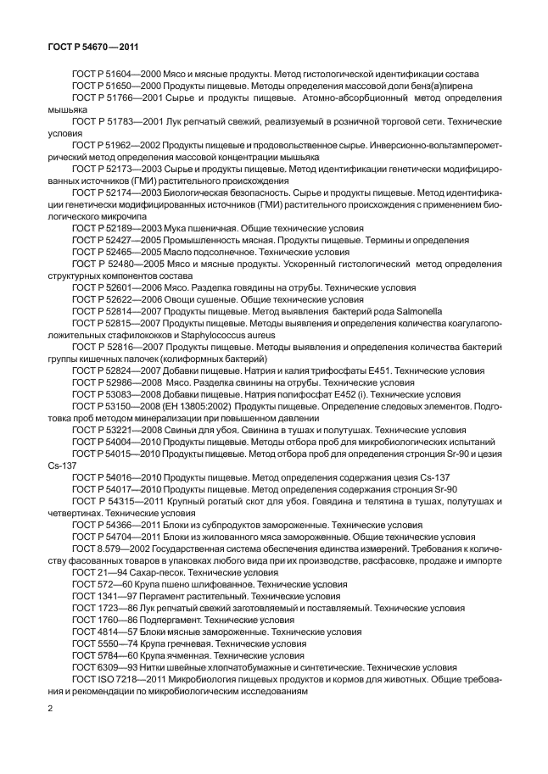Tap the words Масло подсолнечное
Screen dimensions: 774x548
tap(210, 253)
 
